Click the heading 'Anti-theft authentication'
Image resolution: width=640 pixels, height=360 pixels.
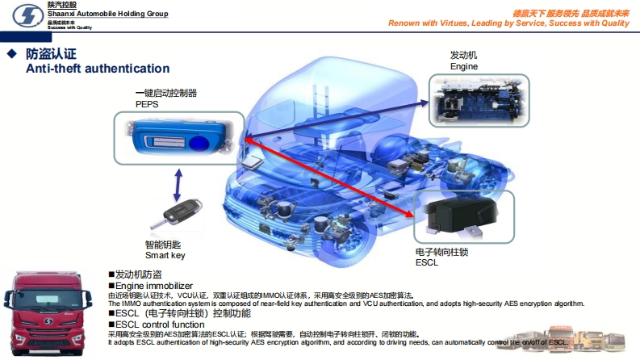(98, 69)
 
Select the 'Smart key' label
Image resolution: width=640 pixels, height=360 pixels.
(165, 255)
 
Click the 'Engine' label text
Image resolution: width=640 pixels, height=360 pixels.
(464, 66)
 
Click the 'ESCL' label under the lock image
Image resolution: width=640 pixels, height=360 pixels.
(426, 262)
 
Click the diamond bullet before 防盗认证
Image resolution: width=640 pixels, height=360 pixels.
(11, 53)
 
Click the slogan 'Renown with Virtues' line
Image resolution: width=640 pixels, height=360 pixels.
(508, 23)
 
